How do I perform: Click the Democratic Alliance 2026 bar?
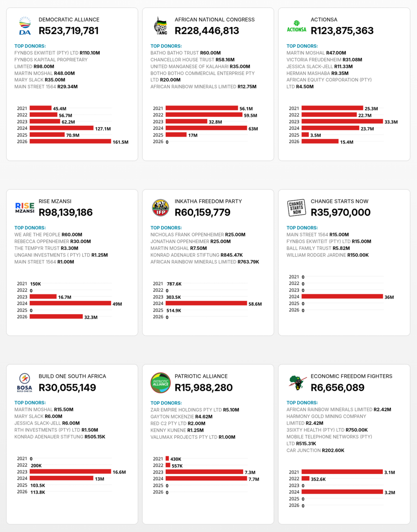coord(70,142)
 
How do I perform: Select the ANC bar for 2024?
coord(206,128)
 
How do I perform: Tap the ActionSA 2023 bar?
coord(342,121)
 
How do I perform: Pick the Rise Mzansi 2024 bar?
coord(70,303)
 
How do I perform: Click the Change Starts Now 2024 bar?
coord(342,297)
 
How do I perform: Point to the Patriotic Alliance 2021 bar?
coord(167,459)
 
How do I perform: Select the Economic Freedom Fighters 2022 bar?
coord(305,479)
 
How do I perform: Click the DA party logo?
coord(25,26)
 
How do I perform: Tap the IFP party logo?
coord(160,207)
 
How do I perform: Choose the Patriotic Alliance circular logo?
coord(160,383)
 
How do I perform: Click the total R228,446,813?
coord(207,31)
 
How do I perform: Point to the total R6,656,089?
coord(337,387)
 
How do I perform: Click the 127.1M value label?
coord(103,129)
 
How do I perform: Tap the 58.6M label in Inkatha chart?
coord(255,304)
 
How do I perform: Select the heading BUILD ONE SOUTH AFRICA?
coord(72,376)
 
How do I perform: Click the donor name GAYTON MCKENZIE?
coord(172,417)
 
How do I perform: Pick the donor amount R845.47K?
coord(231,255)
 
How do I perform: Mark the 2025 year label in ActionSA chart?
coord(294,135)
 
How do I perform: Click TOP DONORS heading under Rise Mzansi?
coord(30,228)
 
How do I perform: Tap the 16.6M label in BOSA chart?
coord(119,472)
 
